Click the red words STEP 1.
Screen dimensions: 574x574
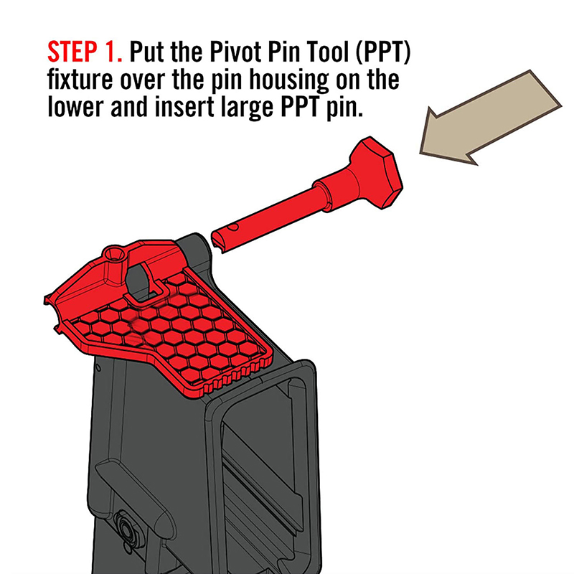tap(85, 52)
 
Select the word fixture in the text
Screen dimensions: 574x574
tap(80, 80)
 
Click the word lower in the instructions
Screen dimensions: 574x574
tap(76, 107)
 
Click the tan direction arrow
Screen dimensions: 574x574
tap(491, 117)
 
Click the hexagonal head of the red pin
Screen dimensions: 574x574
tap(377, 173)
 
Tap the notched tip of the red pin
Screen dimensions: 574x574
tap(219, 242)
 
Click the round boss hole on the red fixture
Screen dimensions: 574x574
tap(115, 253)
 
